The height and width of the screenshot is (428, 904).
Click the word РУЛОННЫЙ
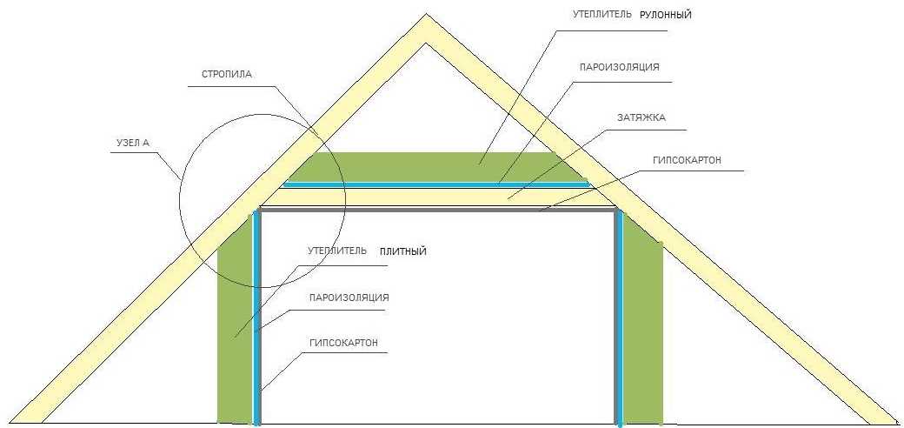665,16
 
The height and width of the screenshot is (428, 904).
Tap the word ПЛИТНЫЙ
403,251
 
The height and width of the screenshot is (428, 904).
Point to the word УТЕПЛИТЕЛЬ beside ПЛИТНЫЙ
337,251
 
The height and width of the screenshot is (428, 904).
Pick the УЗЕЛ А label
130,143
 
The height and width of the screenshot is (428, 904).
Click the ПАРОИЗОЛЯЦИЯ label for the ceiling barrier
619,67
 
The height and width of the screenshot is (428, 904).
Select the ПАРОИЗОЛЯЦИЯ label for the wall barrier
349,298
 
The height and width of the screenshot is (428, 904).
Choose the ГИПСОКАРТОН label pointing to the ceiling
687,160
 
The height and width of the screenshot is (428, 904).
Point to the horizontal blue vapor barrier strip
436,184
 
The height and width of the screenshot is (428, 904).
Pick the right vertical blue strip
619,318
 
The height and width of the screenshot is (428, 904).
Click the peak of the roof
427,15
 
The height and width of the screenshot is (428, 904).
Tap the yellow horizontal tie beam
436,197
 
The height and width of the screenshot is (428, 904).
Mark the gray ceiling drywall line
437,210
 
